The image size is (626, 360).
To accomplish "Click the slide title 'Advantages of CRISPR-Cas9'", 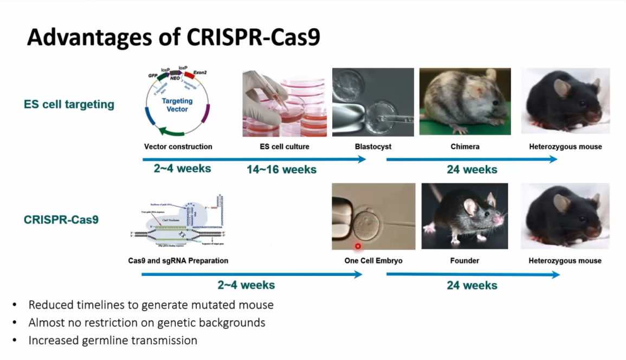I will [x=173, y=37].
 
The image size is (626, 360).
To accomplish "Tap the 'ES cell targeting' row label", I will [x=69, y=104].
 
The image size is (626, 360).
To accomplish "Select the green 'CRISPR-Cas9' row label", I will [x=61, y=220].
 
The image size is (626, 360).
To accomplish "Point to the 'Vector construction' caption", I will [x=178, y=146].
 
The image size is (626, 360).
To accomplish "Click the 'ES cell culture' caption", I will [x=285, y=146].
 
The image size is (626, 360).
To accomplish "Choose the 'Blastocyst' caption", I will [x=373, y=146].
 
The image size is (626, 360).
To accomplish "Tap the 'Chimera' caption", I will [x=464, y=146].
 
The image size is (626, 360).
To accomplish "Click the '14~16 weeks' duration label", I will [x=281, y=170].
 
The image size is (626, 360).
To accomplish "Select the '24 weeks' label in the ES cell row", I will [x=472, y=170].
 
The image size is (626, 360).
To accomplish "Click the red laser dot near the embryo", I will [x=358, y=247].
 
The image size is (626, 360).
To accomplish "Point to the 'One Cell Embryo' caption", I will [x=373, y=261].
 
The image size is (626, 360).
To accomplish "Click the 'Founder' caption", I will [x=464, y=261].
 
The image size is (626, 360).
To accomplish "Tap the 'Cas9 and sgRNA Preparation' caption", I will [x=178, y=261].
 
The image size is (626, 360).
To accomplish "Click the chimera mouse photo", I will [x=464, y=101].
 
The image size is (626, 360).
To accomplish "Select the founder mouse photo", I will [x=464, y=216].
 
